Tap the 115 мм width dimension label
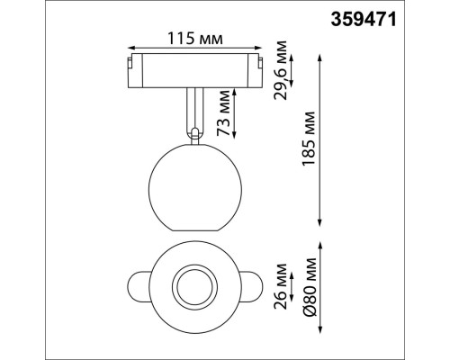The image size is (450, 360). point(195,38)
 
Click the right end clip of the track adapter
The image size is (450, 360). point(257,68)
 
